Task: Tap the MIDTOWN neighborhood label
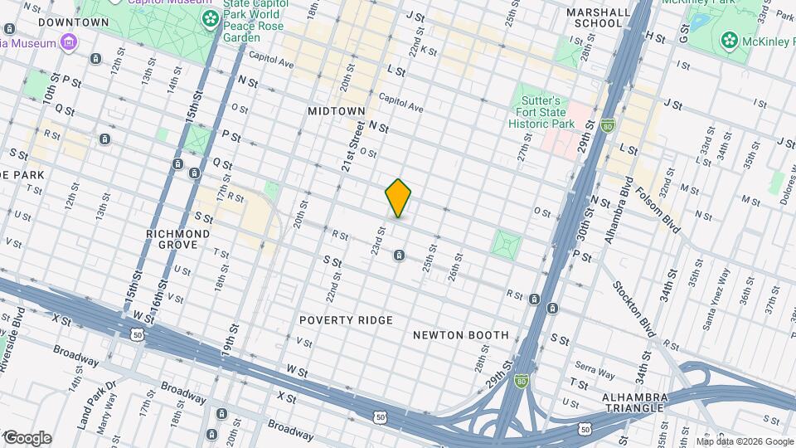pos(336,110)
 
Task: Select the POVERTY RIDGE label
pos(347,320)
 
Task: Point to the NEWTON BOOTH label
pos(460,335)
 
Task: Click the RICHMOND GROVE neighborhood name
pos(182,240)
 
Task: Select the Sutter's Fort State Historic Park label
pos(536,118)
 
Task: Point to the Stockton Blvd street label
pos(633,309)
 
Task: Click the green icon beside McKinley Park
pos(729,39)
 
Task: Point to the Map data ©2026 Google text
pos(744,441)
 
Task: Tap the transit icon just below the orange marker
pos(399,255)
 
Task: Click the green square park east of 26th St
pos(506,244)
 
